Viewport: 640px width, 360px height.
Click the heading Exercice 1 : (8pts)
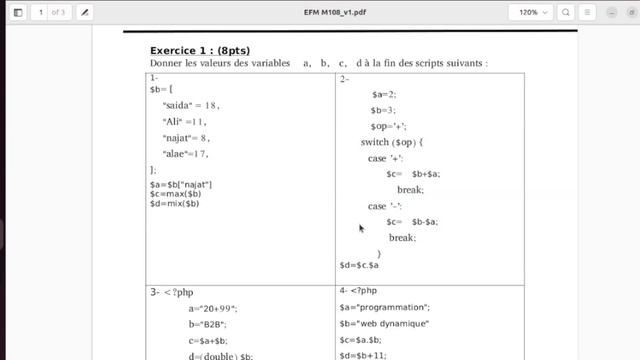(200, 50)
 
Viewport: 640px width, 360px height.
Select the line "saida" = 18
(191, 104)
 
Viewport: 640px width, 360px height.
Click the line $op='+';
(388, 127)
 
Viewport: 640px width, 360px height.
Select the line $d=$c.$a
(360, 265)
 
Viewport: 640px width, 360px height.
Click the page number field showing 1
(40, 12)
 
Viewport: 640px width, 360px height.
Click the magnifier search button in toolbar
(567, 12)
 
